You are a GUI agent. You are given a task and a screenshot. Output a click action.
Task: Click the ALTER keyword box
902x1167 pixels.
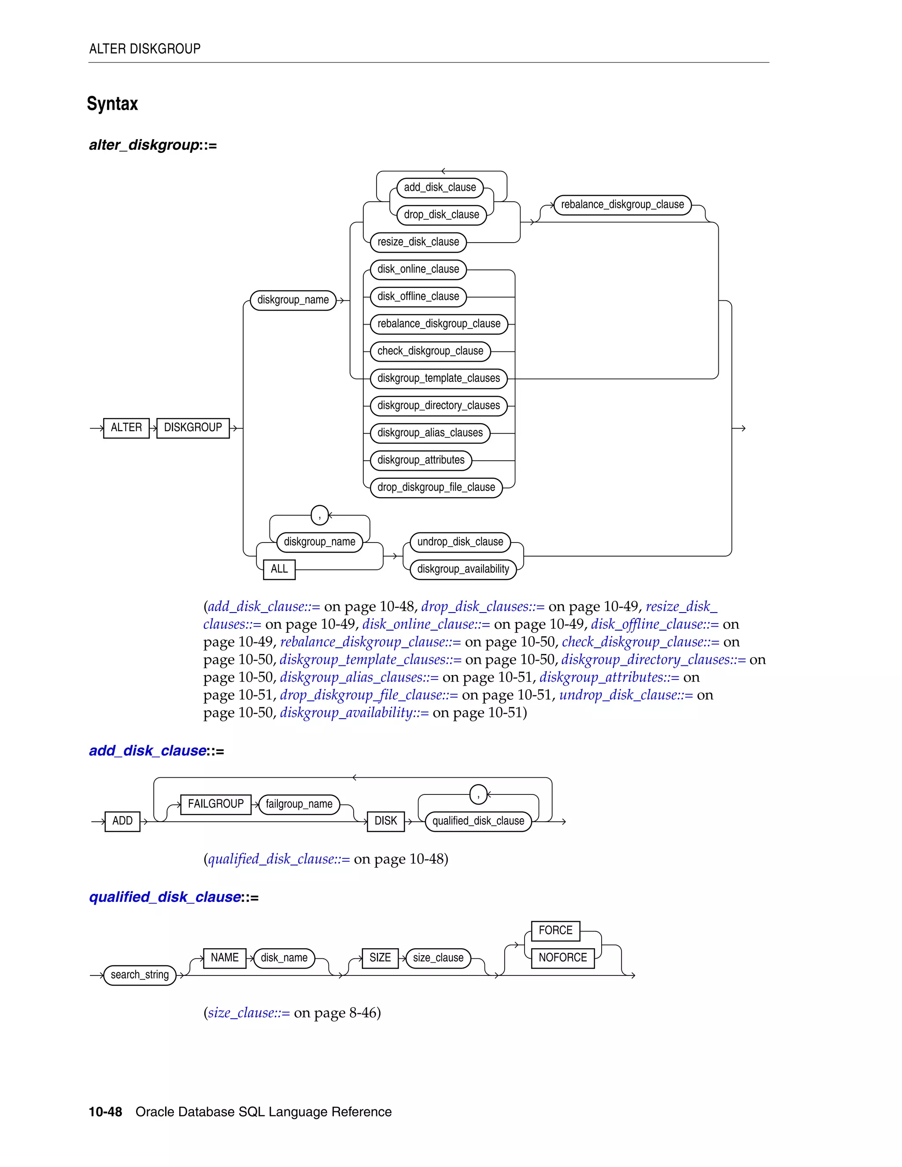coord(126,428)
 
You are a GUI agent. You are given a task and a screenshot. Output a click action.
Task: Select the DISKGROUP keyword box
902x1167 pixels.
coord(193,428)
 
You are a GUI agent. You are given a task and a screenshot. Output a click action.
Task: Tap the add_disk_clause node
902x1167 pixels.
coord(440,188)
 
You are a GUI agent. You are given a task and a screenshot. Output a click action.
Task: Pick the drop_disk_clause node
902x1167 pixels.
coord(441,215)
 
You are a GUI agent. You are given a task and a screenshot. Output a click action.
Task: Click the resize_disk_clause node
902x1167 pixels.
coord(418,242)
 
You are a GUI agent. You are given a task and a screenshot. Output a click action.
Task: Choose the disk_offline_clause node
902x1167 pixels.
coord(418,296)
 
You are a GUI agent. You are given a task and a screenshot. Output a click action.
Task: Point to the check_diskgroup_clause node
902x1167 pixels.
coord(430,351)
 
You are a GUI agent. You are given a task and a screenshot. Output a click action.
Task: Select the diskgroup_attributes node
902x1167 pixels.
coord(421,460)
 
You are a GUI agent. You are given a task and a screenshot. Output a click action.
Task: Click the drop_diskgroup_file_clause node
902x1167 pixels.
coord(436,487)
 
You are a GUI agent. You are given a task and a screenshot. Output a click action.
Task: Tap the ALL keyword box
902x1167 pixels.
coord(279,569)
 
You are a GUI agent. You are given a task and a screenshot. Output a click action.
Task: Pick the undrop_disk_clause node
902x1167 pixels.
coord(460,542)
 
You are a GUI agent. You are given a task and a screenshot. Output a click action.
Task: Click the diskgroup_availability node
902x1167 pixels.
coord(463,569)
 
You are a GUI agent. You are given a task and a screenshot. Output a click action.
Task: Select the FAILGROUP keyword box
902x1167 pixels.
coord(216,804)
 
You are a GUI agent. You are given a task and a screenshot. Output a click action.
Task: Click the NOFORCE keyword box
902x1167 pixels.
coord(563,958)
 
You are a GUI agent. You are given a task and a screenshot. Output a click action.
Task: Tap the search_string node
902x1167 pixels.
coord(140,975)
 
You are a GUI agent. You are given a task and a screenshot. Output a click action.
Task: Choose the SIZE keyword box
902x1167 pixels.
coord(380,958)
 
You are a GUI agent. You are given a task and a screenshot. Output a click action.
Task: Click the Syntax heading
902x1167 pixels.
coord(112,103)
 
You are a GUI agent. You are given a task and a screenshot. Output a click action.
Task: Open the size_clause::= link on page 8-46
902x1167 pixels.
coord(249,1013)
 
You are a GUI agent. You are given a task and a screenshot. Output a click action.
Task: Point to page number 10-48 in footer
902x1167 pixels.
coord(105,1112)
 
